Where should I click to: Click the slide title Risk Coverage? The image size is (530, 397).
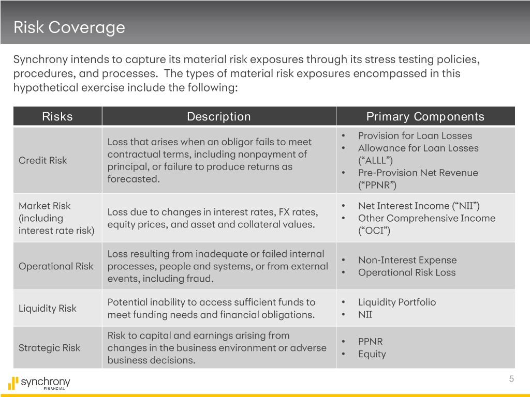pyautogui.click(x=69, y=27)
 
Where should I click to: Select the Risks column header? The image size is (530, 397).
pyautogui.click(x=57, y=116)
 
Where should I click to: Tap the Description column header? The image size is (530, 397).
pyautogui.click(x=218, y=116)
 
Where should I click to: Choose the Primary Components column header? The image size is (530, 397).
pyautogui.click(x=425, y=116)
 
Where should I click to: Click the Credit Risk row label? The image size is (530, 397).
pyautogui.click(x=42, y=160)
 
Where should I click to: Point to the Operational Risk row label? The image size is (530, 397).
pyautogui.click(x=56, y=266)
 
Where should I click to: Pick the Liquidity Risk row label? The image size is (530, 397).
pyautogui.click(x=47, y=309)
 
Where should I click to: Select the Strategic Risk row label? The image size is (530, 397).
pyautogui.click(x=49, y=348)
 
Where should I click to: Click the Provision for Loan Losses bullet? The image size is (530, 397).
pyautogui.click(x=415, y=136)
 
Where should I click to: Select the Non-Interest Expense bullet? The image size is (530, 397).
pyautogui.click(x=407, y=260)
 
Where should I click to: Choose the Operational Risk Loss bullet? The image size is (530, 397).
pyautogui.click(x=407, y=272)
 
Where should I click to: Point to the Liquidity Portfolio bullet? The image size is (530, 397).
pyautogui.click(x=396, y=302)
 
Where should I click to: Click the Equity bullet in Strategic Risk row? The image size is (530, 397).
pyautogui.click(x=372, y=354)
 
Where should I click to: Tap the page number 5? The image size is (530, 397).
pyautogui.click(x=511, y=379)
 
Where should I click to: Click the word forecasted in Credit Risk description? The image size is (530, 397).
pyautogui.click(x=132, y=179)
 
